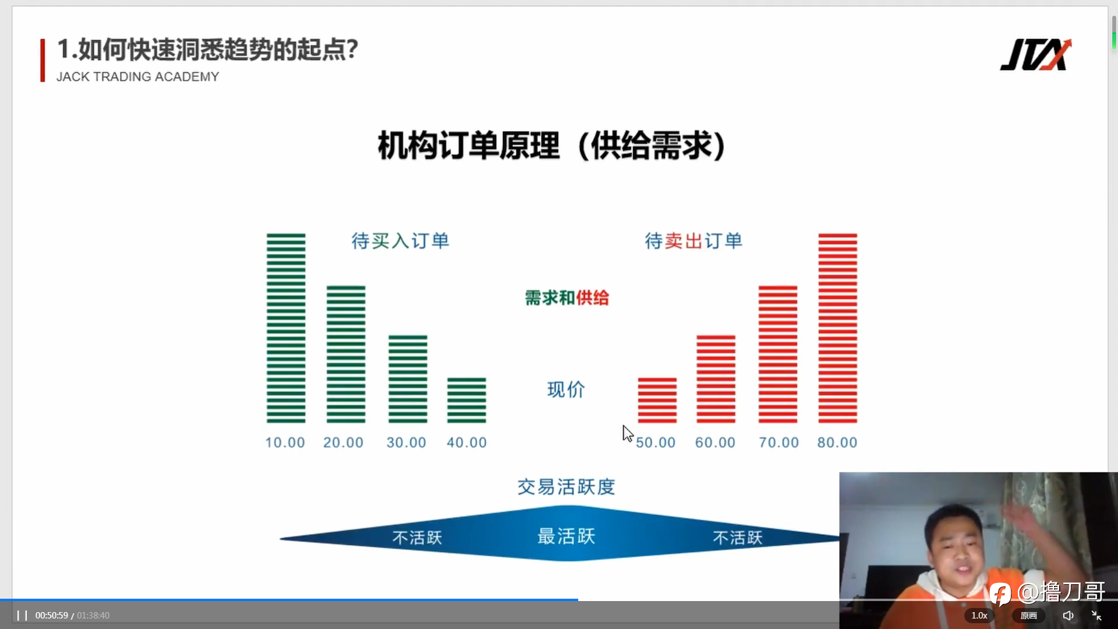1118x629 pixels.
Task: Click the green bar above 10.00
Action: [x=286, y=328]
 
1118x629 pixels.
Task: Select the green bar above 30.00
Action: [x=408, y=379]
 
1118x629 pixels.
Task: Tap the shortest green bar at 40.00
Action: [x=466, y=400]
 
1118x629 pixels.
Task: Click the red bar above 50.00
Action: [x=657, y=400]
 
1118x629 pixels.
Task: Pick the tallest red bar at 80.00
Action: [x=838, y=328]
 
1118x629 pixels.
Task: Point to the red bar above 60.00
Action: [x=716, y=379]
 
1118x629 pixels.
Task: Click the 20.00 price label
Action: [x=344, y=443]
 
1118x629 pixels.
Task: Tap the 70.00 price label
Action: [x=779, y=443]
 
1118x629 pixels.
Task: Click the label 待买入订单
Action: [x=401, y=241]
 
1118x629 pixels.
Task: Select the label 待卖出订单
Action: [x=694, y=241]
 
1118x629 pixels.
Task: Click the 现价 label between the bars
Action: [x=566, y=390]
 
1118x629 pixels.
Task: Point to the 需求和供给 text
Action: [x=567, y=298]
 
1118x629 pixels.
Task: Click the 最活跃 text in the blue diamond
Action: [x=567, y=536]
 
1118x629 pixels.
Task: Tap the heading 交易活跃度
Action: [x=567, y=487]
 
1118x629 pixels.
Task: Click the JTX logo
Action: [x=1036, y=55]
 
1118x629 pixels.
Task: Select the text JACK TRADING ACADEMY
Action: [x=138, y=77]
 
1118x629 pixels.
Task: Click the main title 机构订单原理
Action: [x=469, y=146]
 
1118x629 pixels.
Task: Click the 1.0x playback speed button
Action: [x=979, y=615]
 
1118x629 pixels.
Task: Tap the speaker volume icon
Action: [x=1068, y=615]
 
